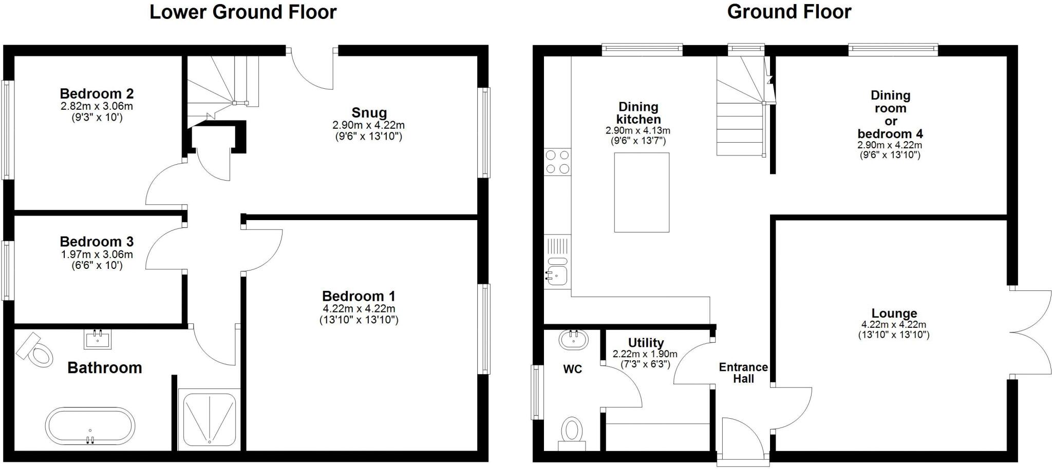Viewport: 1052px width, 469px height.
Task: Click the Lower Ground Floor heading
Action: tap(243, 12)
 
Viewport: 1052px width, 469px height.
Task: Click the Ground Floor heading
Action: tap(789, 12)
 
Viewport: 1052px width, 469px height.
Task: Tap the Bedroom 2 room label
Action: tap(97, 94)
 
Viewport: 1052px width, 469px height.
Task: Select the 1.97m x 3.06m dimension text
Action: tap(97, 255)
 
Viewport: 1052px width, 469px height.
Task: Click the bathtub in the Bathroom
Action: tap(90, 426)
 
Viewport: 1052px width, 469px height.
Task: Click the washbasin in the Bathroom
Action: tap(97, 339)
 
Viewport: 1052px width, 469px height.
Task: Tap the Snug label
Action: tap(369, 113)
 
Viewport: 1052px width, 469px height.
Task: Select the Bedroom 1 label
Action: tap(359, 296)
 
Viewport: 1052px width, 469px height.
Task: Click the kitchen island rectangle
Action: tap(642, 192)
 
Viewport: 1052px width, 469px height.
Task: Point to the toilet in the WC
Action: tap(572, 432)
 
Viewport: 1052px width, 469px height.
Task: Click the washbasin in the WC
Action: tap(573, 339)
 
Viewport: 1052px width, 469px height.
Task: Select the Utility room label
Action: tap(646, 343)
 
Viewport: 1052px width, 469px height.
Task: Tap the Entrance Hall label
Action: tap(743, 373)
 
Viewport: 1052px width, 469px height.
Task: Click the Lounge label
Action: tap(894, 314)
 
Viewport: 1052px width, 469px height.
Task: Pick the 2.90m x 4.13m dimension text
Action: tap(638, 131)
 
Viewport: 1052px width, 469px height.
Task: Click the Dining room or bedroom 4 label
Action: tap(890, 114)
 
